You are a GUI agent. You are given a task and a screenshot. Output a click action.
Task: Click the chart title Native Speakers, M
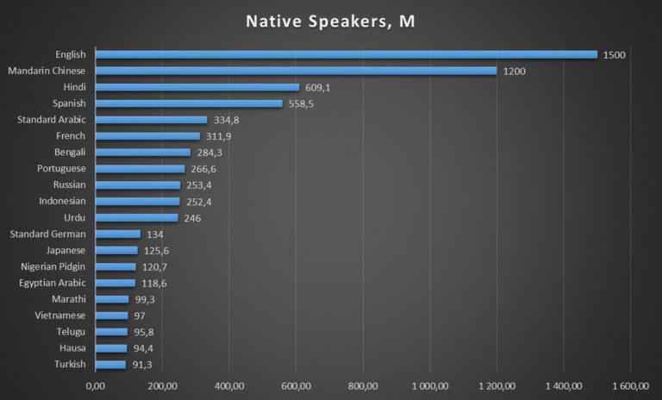click(330, 21)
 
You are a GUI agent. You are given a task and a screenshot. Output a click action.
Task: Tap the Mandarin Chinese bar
click(297, 71)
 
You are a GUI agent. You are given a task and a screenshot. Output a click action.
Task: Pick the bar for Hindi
click(197, 87)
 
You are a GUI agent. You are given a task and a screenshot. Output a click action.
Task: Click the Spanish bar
click(189, 103)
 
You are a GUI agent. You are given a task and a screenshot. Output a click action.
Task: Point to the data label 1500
click(615, 55)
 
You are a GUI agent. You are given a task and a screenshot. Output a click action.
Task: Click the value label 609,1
click(320, 87)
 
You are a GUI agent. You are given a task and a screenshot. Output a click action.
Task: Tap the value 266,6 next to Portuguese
click(205, 169)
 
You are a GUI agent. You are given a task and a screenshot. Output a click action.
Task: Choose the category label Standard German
click(47, 234)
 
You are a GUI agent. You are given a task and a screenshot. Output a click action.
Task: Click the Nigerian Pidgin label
click(51, 266)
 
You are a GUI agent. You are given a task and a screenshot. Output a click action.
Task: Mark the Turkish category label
click(69, 365)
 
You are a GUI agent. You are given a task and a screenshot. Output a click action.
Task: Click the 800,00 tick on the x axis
click(363, 385)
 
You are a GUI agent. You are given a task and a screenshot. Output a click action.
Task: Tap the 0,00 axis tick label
click(96, 385)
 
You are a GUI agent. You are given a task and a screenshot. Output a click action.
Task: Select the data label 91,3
click(144, 365)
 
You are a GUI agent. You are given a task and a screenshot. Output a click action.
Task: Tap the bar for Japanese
click(116, 250)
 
